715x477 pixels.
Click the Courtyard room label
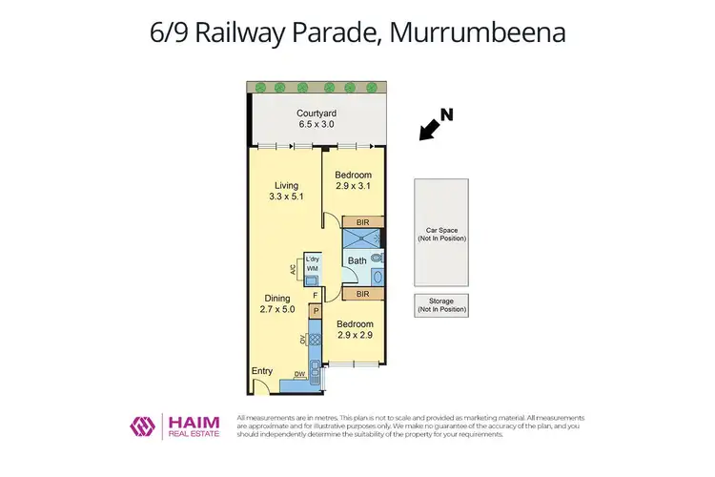[317, 113]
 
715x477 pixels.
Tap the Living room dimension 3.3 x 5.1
[286, 197]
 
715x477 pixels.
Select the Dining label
[276, 297]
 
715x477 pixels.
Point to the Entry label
[262, 370]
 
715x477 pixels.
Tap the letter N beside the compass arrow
[446, 114]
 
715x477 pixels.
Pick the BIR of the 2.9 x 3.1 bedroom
[362, 222]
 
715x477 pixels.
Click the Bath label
[357, 260]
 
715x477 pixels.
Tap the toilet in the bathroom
[379, 258]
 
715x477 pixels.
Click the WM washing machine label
[312, 270]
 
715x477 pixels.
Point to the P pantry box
[316, 311]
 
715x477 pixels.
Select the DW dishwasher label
[299, 374]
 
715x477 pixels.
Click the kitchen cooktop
[315, 339]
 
